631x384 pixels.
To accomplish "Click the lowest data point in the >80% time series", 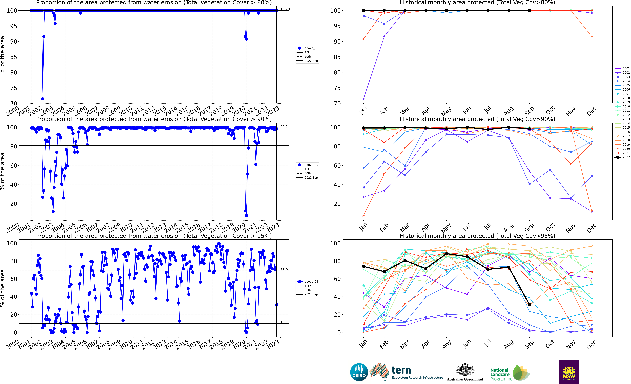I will [43, 99].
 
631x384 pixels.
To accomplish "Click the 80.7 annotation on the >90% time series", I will [284, 144].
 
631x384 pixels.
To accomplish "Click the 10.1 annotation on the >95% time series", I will [284, 322].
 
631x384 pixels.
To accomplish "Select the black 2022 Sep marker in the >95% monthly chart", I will [529, 305].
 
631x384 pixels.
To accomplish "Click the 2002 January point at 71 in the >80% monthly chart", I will [363, 99].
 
